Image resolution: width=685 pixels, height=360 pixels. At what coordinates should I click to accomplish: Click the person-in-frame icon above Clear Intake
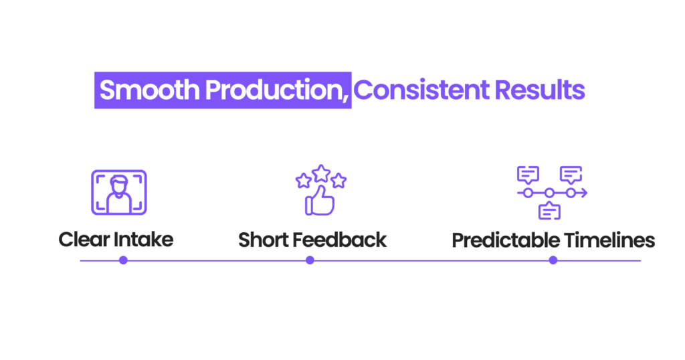click(118, 192)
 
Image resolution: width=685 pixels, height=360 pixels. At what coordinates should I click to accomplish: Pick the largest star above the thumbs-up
click(321, 173)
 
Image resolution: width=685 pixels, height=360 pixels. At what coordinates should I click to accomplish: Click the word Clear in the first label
click(83, 240)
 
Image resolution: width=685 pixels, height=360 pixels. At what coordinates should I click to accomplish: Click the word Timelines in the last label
click(612, 240)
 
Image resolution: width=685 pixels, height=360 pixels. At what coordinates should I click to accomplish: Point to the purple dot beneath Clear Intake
click(123, 260)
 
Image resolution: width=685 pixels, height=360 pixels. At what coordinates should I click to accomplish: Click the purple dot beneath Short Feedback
click(310, 260)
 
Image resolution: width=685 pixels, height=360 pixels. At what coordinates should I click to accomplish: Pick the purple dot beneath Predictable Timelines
click(553, 260)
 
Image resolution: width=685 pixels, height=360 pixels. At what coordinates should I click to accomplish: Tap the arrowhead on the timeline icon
click(584, 193)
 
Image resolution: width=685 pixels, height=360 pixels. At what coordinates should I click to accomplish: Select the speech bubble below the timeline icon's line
click(549, 211)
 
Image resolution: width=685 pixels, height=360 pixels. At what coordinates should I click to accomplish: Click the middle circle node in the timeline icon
click(549, 193)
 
